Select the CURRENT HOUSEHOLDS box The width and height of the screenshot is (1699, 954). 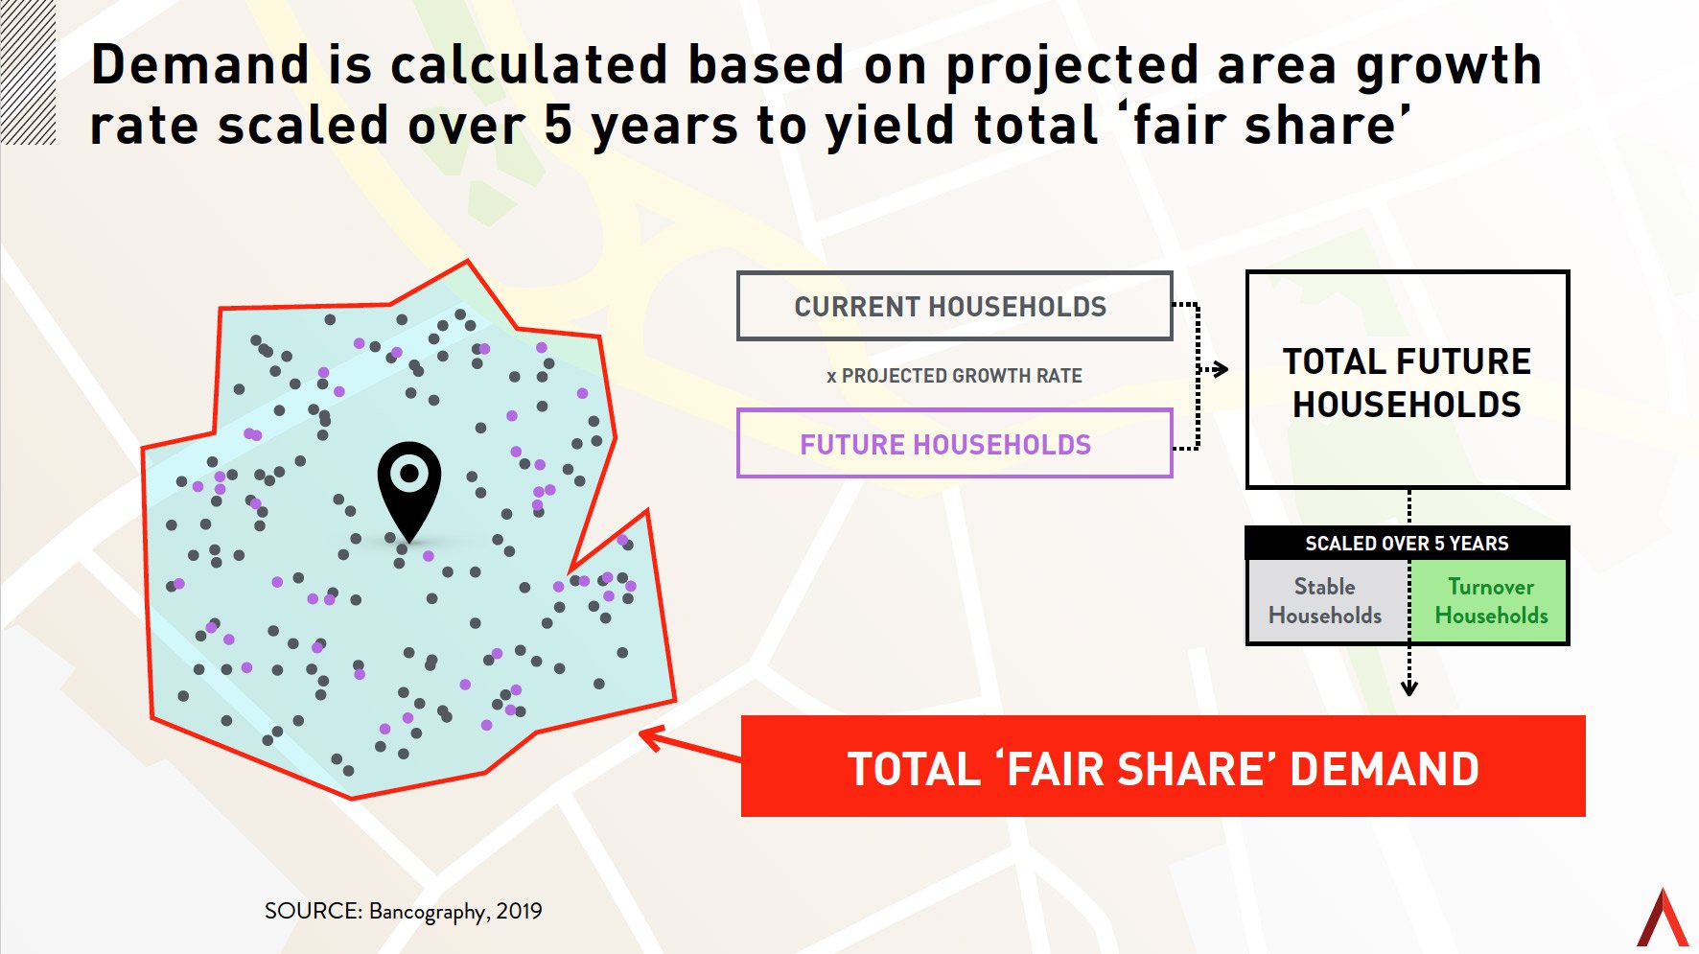(954, 307)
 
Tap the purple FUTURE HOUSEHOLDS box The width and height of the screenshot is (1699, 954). (954, 444)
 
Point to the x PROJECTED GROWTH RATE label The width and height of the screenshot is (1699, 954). (954, 376)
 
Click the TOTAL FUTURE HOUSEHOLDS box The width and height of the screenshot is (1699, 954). (1407, 381)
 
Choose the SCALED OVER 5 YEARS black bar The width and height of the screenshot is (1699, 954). (1407, 544)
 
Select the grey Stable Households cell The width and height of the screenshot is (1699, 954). (1326, 601)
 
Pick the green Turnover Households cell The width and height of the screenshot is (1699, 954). (1490, 601)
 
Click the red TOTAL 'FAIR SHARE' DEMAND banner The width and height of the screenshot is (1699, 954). (1162, 767)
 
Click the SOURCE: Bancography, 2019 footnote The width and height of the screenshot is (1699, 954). (403, 911)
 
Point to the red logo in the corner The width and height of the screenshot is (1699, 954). (1663, 919)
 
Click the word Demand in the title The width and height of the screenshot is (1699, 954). (199, 65)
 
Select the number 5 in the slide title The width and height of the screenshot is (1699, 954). (558, 126)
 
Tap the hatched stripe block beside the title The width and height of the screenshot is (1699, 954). (28, 72)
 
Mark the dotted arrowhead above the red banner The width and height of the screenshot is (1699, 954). (1408, 686)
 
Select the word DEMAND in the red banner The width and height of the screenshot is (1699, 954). (1385, 769)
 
